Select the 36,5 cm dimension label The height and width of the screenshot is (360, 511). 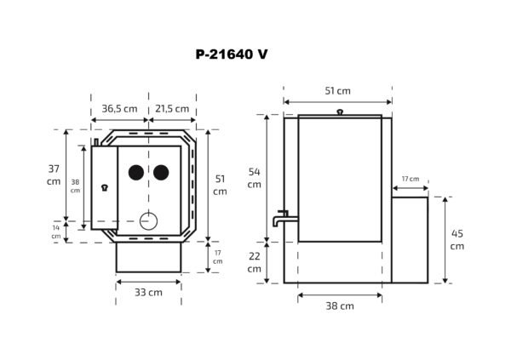click(x=119, y=109)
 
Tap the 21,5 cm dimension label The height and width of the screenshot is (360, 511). click(x=173, y=109)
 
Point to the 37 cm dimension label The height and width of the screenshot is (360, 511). click(x=54, y=174)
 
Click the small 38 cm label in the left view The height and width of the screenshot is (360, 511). click(x=75, y=186)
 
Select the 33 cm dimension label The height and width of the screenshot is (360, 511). click(x=148, y=292)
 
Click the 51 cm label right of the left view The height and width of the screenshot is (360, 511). click(x=220, y=185)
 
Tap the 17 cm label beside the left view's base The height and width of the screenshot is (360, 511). click(x=217, y=256)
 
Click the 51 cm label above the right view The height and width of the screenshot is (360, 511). click(x=338, y=91)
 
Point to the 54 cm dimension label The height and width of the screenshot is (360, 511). click(x=254, y=178)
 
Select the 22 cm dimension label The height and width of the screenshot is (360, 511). click(x=254, y=263)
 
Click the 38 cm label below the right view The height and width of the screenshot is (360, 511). click(x=340, y=306)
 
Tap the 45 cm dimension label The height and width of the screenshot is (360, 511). click(x=457, y=240)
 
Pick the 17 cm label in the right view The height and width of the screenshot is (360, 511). click(x=410, y=179)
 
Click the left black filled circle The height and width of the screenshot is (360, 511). click(x=135, y=173)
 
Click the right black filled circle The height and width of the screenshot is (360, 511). click(x=160, y=173)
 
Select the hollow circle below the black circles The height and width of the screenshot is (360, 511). click(x=149, y=220)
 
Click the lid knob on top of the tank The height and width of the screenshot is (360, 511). click(x=340, y=111)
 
